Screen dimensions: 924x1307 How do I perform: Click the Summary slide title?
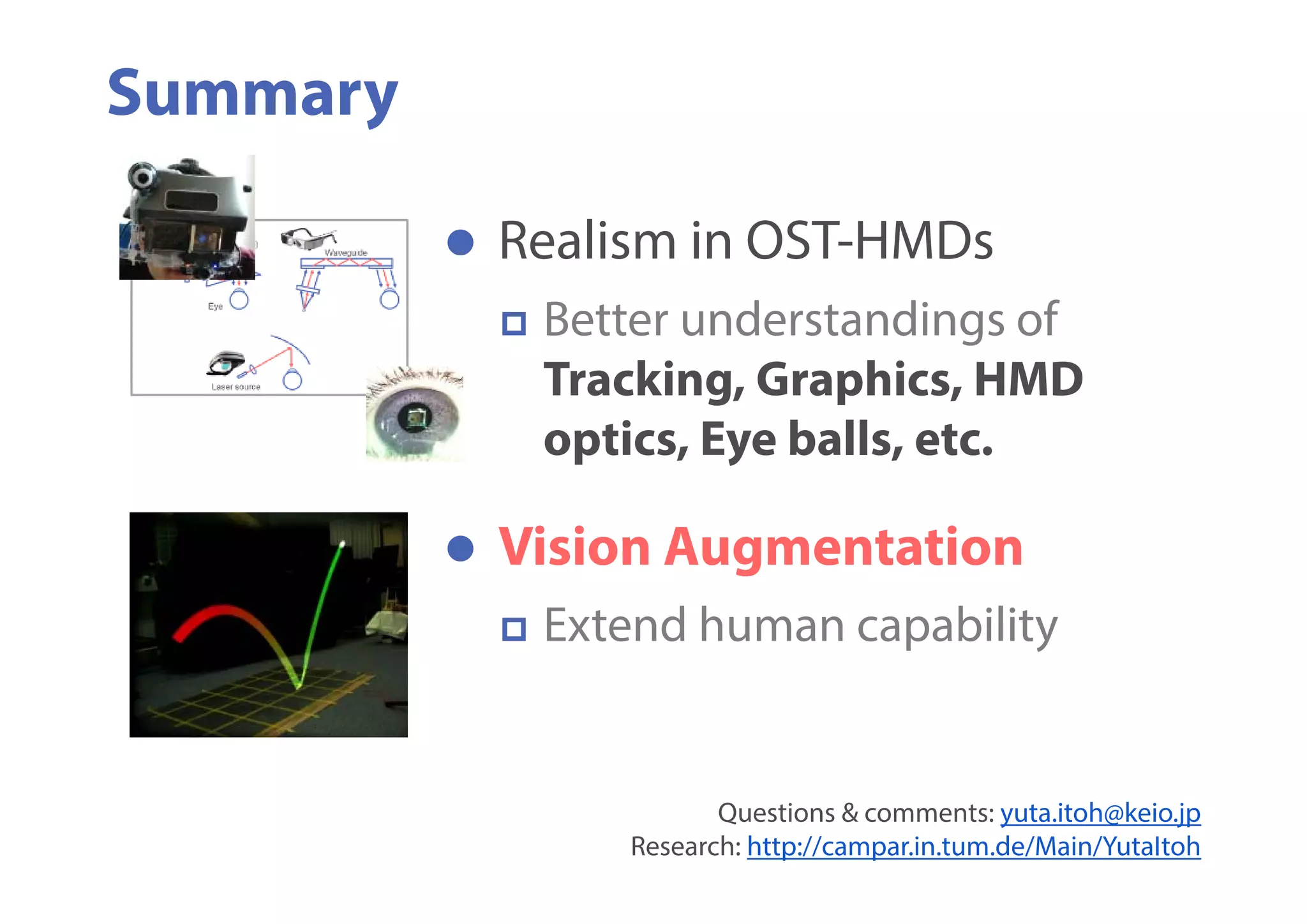(x=253, y=94)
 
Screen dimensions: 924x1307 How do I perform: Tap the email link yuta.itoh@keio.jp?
(x=1100, y=813)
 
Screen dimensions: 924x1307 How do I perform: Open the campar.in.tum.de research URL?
(x=973, y=847)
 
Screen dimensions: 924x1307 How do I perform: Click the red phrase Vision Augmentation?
(x=760, y=548)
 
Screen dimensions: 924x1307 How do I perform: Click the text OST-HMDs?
(x=869, y=241)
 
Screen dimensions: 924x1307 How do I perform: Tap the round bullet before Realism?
(x=460, y=242)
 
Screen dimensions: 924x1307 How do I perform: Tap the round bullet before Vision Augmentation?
(x=460, y=549)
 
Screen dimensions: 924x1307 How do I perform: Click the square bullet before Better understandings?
(x=514, y=324)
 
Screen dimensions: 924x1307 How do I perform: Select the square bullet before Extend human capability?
(x=514, y=629)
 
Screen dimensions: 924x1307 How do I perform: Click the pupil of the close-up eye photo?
(x=415, y=418)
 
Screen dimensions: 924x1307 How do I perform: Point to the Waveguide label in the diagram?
(x=346, y=253)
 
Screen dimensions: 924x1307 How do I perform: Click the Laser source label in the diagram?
(x=235, y=387)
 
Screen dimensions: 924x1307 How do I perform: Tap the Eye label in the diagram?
(x=215, y=306)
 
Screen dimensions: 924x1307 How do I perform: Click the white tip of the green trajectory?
(x=343, y=544)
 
